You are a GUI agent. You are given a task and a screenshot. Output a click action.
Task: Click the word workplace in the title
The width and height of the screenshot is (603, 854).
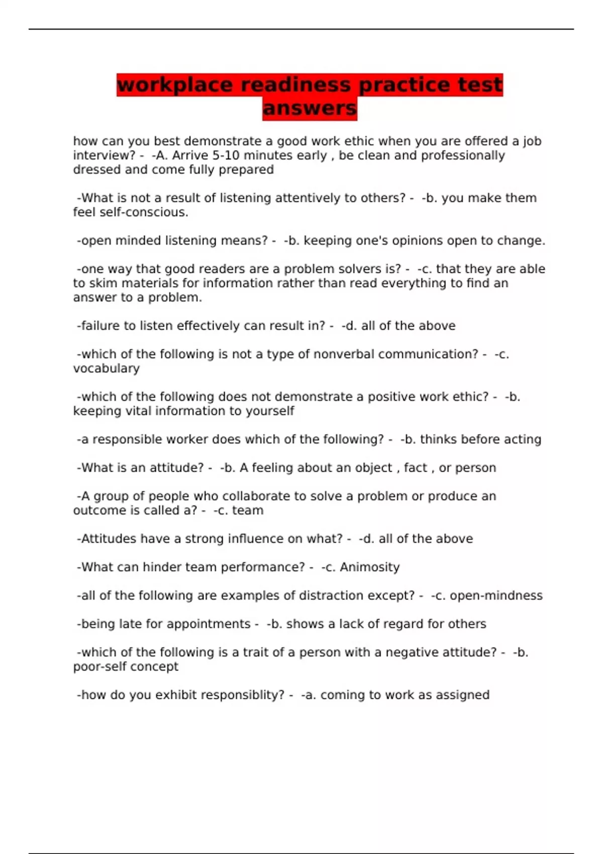pos(174,85)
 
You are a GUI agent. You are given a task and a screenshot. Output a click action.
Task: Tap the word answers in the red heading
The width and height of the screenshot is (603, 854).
pos(310,108)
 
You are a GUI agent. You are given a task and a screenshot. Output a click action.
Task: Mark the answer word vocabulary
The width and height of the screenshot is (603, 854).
pos(107,368)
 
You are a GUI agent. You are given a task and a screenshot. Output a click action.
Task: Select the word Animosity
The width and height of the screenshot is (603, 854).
pos(369,567)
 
